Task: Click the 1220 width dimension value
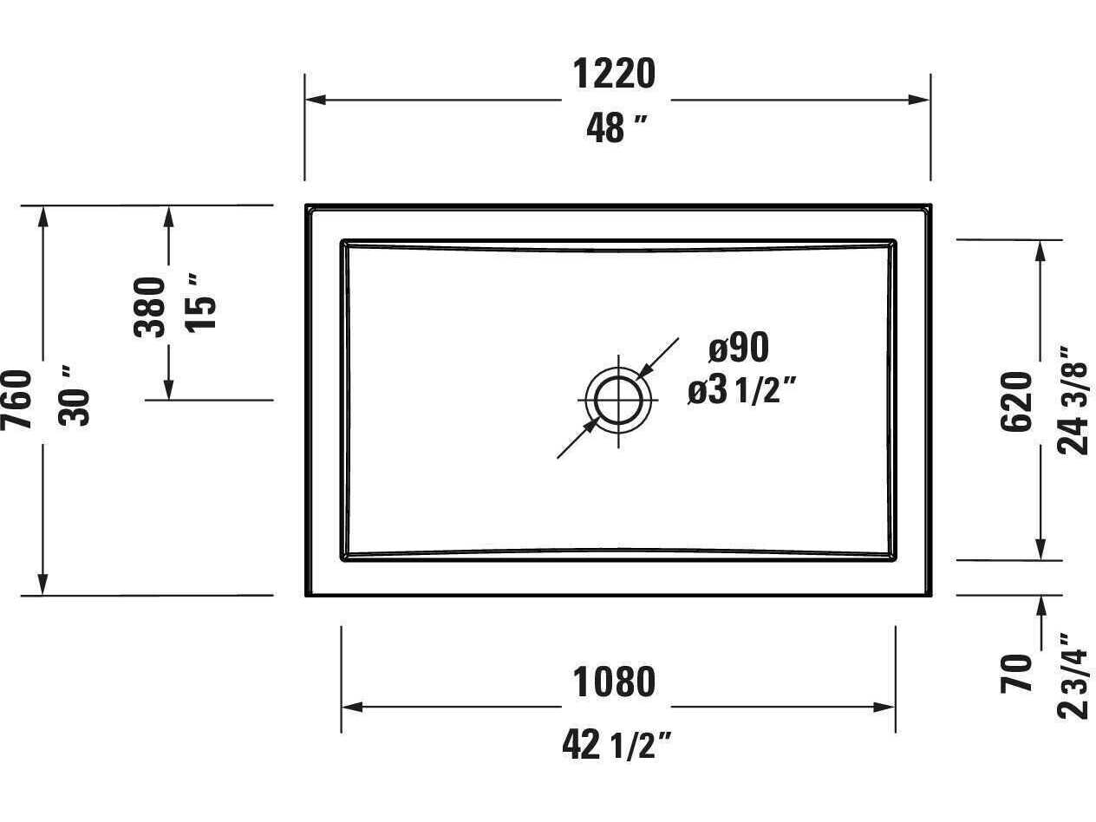(614, 74)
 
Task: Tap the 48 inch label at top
(616, 128)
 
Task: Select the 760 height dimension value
(18, 399)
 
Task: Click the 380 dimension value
(150, 306)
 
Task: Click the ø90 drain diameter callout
(739, 348)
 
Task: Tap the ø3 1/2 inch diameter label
(741, 392)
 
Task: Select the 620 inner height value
(1017, 401)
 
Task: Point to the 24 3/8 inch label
(1073, 401)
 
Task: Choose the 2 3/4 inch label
(1073, 675)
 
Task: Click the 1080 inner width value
(614, 682)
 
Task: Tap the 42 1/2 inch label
(616, 744)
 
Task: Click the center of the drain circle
(618, 401)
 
